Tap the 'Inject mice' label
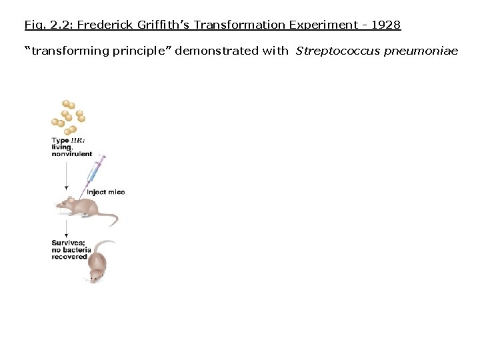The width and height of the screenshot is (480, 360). (x=105, y=192)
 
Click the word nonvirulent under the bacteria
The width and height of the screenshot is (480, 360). (x=72, y=154)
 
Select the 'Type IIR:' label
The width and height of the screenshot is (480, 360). (x=68, y=141)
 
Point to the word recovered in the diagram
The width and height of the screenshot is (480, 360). (x=69, y=257)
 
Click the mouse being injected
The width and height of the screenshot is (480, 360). (x=83, y=207)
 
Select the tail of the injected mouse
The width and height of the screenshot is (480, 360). (x=111, y=218)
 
